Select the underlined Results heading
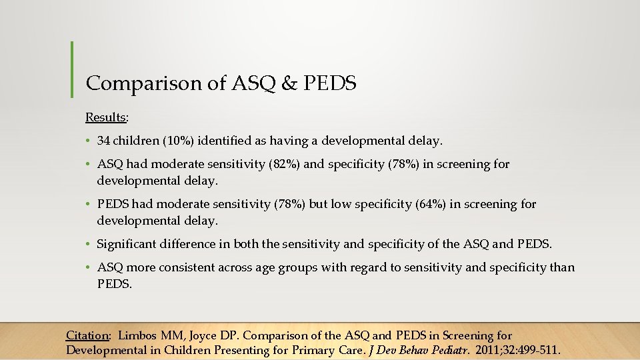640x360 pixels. point(106,117)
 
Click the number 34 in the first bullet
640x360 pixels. point(103,141)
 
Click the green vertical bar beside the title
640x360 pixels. point(71,69)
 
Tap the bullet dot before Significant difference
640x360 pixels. point(88,245)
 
